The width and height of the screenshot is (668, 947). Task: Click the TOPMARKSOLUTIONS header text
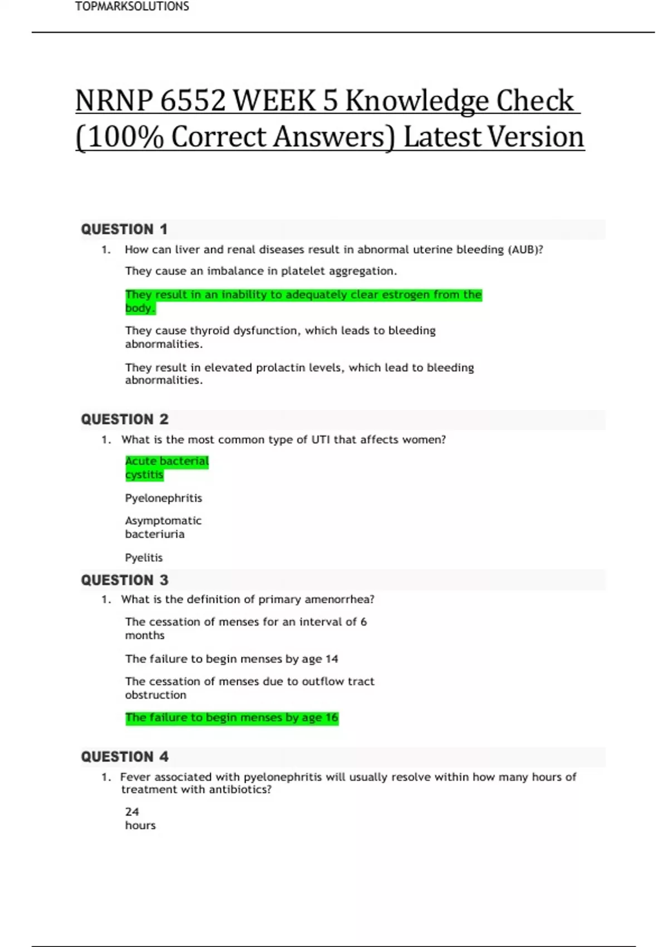tap(132, 7)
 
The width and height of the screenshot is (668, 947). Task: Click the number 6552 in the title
tap(193, 101)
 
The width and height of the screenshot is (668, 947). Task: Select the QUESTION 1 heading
tap(124, 229)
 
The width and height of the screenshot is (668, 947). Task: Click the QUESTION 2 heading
tap(125, 419)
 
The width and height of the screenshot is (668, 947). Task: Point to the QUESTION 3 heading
tap(125, 580)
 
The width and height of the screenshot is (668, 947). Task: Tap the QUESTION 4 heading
tap(125, 756)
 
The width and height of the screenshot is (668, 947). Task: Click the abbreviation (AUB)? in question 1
tap(525, 250)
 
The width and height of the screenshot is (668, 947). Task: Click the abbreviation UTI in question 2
tap(321, 440)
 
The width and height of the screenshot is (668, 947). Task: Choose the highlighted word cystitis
tap(144, 475)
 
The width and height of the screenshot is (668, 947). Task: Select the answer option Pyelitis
tap(144, 558)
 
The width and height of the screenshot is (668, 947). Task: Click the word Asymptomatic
tap(163, 520)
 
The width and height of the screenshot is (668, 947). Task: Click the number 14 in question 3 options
tap(332, 659)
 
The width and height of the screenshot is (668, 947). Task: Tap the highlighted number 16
tap(332, 717)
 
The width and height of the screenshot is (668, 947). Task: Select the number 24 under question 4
tap(132, 812)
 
